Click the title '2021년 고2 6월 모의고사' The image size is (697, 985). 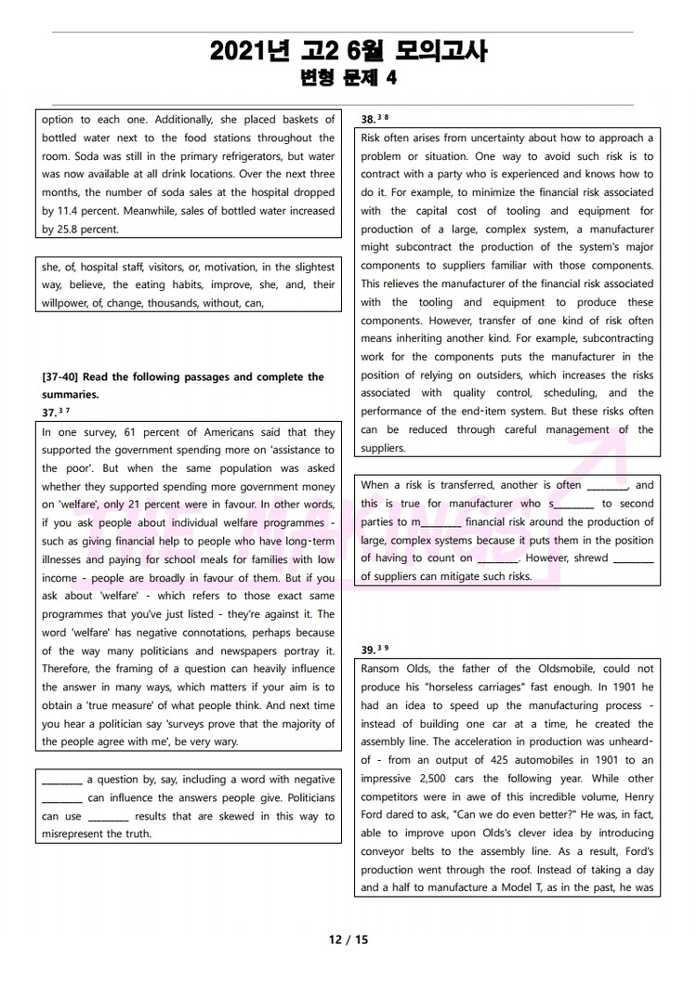[348, 50]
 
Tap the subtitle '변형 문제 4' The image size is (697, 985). [348, 79]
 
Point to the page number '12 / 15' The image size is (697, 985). [348, 939]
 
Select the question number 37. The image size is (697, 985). [49, 413]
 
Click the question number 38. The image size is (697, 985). [368, 119]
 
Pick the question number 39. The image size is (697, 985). [368, 650]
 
